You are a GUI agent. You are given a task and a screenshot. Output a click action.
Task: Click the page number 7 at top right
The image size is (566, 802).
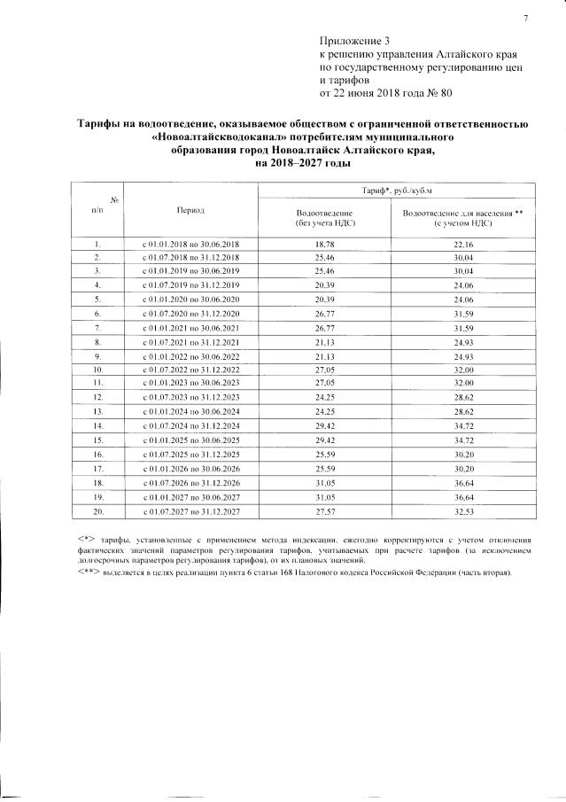pyautogui.click(x=525, y=19)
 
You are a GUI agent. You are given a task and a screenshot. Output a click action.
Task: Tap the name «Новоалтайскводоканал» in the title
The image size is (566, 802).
pyautogui.click(x=218, y=139)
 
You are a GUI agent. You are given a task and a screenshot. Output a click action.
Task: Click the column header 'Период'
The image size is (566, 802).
pyautogui.click(x=190, y=211)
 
